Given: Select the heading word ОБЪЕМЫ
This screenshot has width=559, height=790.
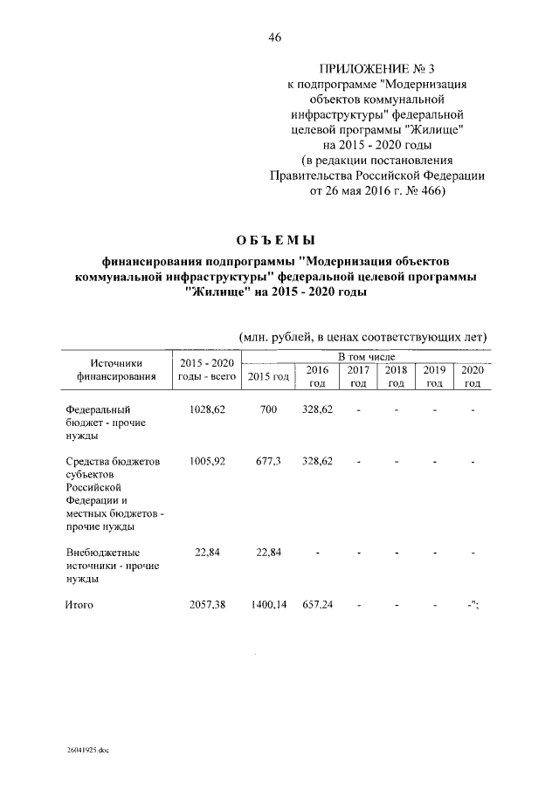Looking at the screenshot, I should (275, 240).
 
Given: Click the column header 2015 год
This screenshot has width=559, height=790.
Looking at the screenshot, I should (268, 376).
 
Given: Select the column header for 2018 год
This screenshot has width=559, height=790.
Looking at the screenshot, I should (396, 376).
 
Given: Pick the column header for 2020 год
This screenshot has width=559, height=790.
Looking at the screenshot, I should (473, 376).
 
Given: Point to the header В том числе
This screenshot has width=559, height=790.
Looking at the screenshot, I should (367, 358).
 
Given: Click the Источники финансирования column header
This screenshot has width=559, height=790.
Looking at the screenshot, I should (110, 370).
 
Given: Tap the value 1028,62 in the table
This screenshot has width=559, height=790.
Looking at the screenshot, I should (207, 409).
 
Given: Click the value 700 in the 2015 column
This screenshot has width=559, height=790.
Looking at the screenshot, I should (268, 409).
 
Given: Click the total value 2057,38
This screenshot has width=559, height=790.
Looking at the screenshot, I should (207, 604).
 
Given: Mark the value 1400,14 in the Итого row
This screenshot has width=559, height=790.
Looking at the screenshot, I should (268, 604).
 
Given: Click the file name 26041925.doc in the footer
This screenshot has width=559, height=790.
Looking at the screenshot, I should (87, 750).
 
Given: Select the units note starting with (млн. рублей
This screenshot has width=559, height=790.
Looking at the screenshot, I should (362, 337).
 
